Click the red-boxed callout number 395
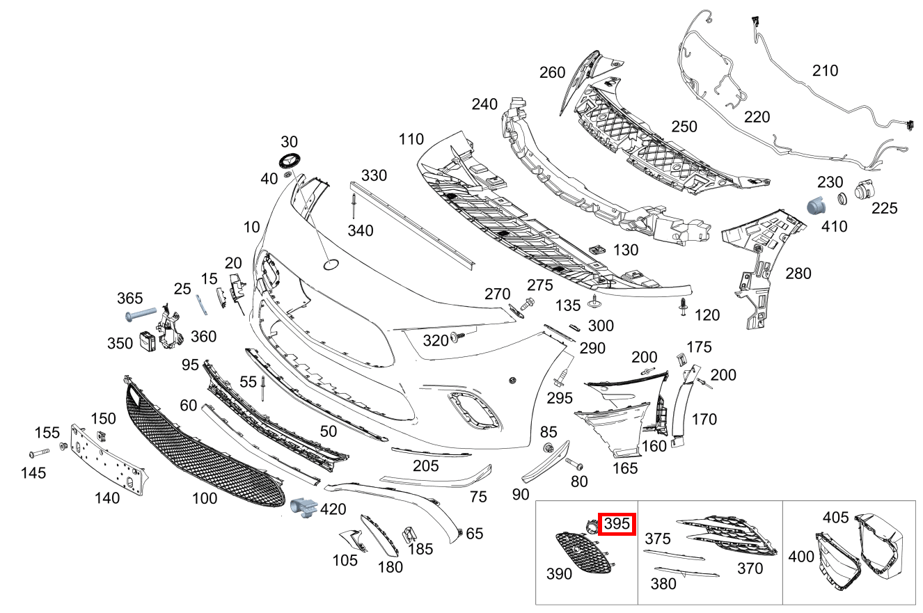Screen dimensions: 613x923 [616, 523]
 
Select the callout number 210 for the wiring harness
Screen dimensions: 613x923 [825, 70]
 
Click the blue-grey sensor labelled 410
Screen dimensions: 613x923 [815, 207]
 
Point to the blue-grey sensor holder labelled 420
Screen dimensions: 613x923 [303, 508]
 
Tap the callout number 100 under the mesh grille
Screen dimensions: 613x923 [204, 498]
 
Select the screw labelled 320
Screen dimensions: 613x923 [458, 337]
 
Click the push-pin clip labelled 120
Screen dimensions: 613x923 [684, 306]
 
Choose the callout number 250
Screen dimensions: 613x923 [684, 127]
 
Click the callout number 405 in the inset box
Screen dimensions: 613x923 [835, 517]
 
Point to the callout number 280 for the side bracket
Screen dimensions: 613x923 [798, 273]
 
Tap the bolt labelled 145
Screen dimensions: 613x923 [36, 454]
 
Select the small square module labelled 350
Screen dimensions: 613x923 [148, 341]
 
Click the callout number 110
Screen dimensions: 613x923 [411, 139]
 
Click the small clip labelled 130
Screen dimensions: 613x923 [596, 249]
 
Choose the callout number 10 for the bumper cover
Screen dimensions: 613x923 [251, 227]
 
